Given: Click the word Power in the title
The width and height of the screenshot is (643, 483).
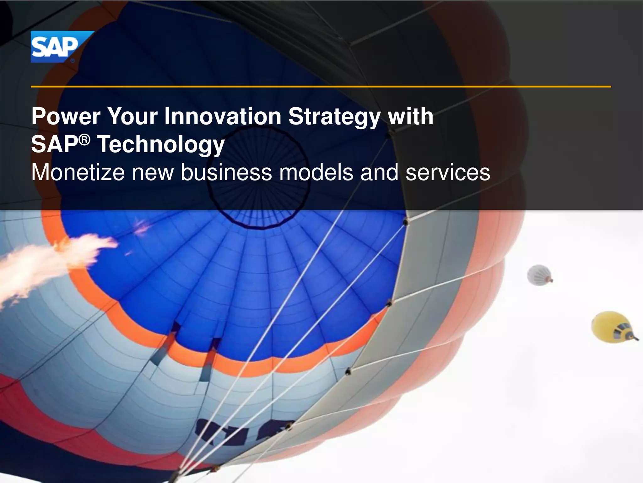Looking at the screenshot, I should coord(66,117).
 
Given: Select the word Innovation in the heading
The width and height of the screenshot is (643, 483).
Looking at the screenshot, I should coord(223,117).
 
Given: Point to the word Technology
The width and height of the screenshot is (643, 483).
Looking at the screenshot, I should coord(161,145).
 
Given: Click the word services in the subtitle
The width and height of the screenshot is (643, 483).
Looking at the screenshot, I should coord(448,173).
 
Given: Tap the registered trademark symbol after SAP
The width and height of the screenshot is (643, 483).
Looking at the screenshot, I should coord(84,140).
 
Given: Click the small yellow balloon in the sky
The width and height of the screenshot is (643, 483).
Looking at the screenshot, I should coord(612,327).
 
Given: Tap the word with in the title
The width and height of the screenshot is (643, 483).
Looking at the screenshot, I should coord(411,117).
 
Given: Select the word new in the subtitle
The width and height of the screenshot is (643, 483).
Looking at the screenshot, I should coord(153,173).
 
